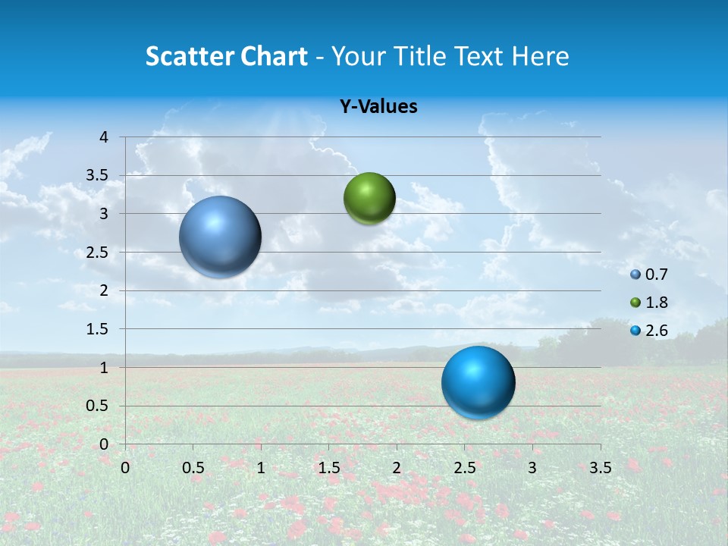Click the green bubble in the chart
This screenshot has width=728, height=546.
point(369,199)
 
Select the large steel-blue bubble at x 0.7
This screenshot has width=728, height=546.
point(220,237)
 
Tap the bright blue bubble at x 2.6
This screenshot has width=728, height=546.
point(478,382)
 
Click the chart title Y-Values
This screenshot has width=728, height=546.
point(378,107)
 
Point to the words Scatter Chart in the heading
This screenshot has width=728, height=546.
point(226,56)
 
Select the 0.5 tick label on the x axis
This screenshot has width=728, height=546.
point(193,468)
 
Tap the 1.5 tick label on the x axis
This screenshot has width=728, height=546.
point(328,468)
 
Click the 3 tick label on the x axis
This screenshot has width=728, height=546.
point(532,468)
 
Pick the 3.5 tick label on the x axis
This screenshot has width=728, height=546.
point(600,468)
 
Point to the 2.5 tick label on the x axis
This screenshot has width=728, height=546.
point(464,468)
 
